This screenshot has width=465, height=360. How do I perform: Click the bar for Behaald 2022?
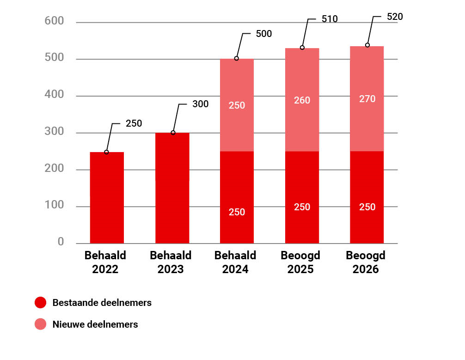107,197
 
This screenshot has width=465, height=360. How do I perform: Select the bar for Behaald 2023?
172,188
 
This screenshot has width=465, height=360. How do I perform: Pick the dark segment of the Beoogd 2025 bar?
302,197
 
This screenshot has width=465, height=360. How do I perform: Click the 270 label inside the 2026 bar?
367,99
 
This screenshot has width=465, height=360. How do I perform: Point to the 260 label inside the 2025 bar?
302,100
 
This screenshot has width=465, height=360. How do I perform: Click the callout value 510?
330,19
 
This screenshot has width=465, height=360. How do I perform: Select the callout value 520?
395,17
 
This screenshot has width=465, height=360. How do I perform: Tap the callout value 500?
263,34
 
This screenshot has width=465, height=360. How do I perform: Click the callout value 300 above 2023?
200,104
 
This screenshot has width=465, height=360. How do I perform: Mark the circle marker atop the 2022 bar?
106,152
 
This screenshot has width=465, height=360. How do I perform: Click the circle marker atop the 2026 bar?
367,45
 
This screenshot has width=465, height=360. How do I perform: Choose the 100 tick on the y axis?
55,205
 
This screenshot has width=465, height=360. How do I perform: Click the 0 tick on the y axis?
61,242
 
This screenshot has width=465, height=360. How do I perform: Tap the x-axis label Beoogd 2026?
366,262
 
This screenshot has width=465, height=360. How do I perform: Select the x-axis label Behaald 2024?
235,262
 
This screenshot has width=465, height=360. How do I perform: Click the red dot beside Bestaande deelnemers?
41,303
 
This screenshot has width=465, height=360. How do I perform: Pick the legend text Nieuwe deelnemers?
95,324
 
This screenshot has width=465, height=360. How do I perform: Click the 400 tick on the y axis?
55,95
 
